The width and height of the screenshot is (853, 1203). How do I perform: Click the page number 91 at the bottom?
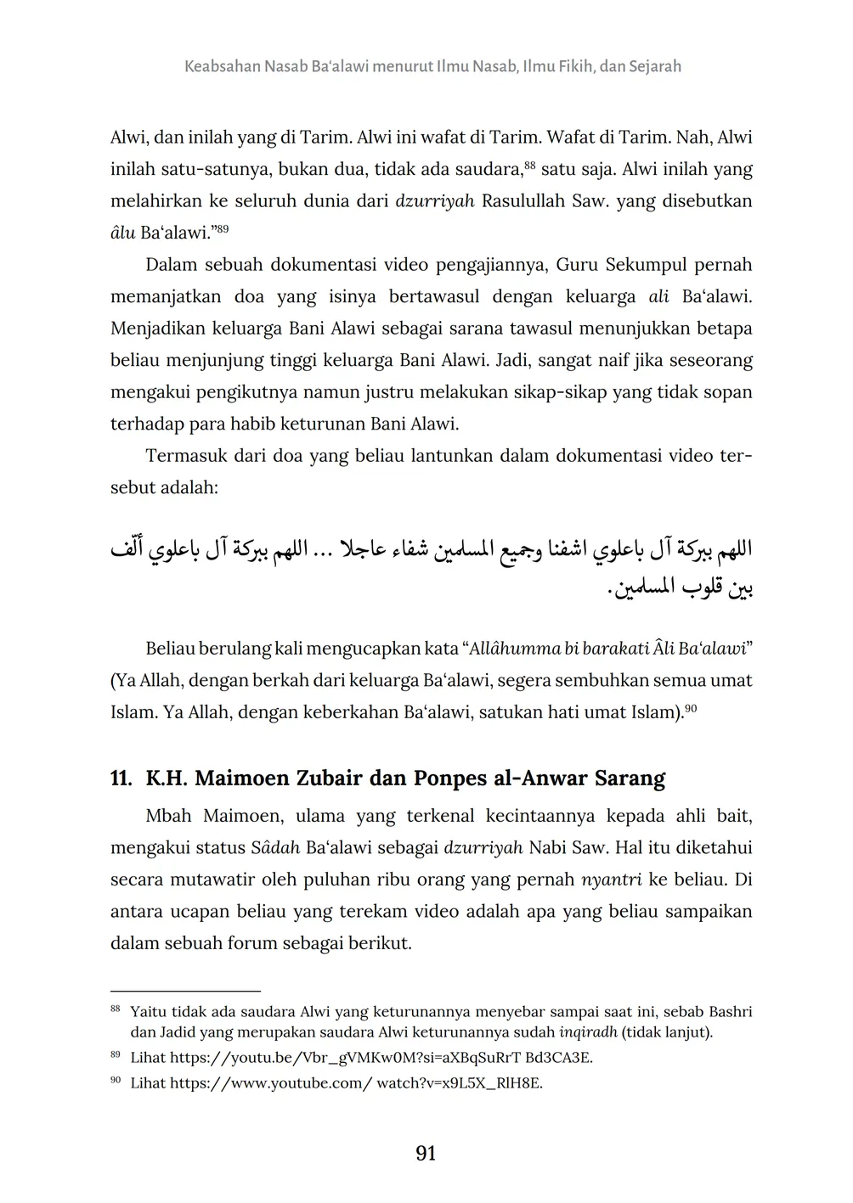click(426, 1153)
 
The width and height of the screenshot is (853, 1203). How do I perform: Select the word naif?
click(602, 360)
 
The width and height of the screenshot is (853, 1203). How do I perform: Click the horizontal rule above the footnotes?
click(185, 991)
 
